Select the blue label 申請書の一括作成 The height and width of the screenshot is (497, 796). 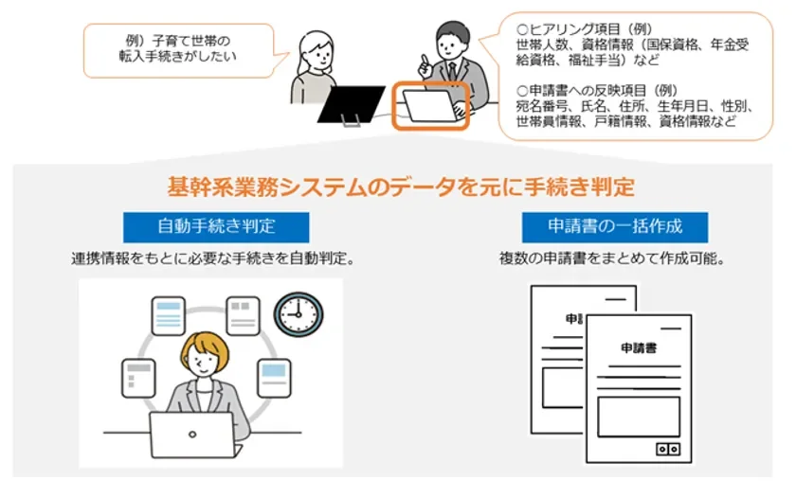pyautogui.click(x=601, y=227)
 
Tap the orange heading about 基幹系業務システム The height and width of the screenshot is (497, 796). pyautogui.click(x=399, y=186)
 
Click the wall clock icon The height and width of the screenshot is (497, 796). pyautogui.click(x=298, y=315)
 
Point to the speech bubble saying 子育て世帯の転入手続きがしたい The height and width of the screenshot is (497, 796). pyautogui.click(x=179, y=48)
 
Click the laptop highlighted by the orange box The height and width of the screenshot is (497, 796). pyautogui.click(x=431, y=106)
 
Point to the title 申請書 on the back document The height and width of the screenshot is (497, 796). pyautogui.click(x=582, y=318)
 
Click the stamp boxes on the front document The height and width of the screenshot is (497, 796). pyautogui.click(x=669, y=449)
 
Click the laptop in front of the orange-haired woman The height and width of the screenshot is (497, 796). pyautogui.click(x=191, y=435)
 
